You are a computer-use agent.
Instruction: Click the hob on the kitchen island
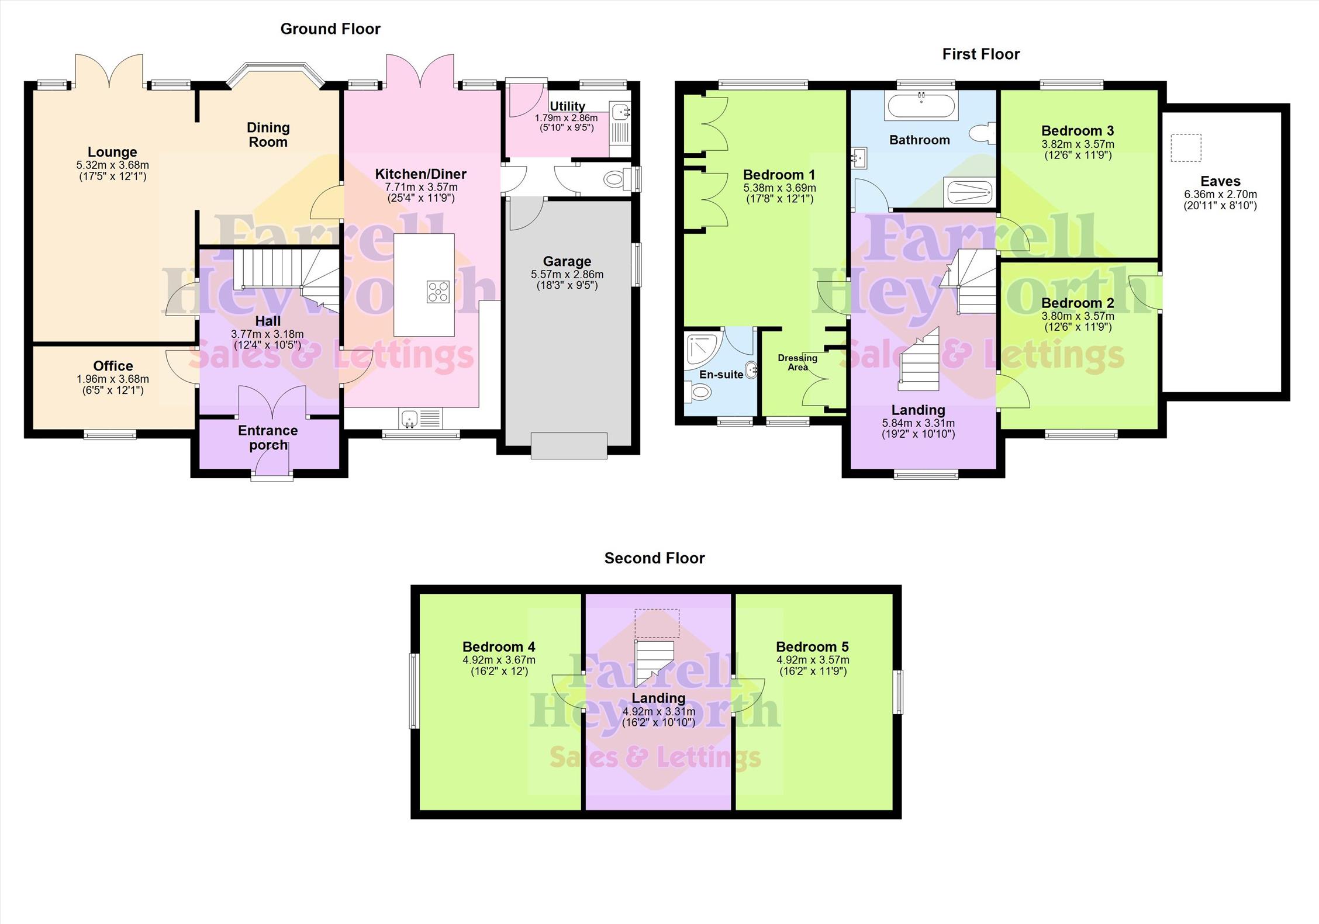pos(438,292)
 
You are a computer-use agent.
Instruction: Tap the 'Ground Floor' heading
pos(330,29)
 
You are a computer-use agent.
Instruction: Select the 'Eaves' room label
pos(1220,181)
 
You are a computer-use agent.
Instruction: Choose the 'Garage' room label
pos(567,261)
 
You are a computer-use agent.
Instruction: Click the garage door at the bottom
pos(569,445)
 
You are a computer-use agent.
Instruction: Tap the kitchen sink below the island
pos(421,418)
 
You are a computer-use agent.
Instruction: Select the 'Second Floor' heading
pos(655,558)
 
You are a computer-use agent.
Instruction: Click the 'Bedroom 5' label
pos(812,646)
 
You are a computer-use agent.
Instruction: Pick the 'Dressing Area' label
pos(797,362)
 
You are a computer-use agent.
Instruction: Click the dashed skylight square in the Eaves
pos(1186,148)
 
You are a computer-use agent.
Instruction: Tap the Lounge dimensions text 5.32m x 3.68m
pos(113,165)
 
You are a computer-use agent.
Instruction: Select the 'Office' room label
pos(113,366)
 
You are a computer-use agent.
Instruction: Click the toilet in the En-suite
pos(698,392)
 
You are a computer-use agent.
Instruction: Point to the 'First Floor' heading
pos(981,54)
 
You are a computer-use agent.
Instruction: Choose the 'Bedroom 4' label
pos(499,646)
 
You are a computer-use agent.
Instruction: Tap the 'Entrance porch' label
pos(268,438)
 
